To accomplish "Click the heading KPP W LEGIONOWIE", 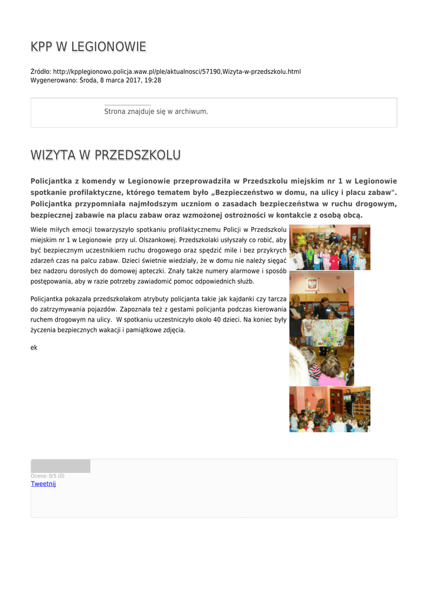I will pyautogui.click(x=88, y=47).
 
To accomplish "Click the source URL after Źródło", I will pyautogui.click(x=177, y=71).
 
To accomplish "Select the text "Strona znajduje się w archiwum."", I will pyautogui.click(x=156, y=111).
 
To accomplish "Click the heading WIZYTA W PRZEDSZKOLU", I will pyautogui.click(x=105, y=155).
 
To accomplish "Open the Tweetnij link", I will pyautogui.click(x=43, y=484).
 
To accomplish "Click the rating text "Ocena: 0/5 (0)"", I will pyautogui.click(x=48, y=476).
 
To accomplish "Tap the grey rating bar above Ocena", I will pyautogui.click(x=60, y=466).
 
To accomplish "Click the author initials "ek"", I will pyautogui.click(x=34, y=347).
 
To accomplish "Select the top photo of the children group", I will pyautogui.click(x=329, y=247).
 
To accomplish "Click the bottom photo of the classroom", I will pyautogui.click(x=329, y=409).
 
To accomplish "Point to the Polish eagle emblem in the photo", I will pyautogui.click(x=312, y=284).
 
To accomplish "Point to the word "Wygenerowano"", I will pyautogui.click(x=53, y=80).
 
